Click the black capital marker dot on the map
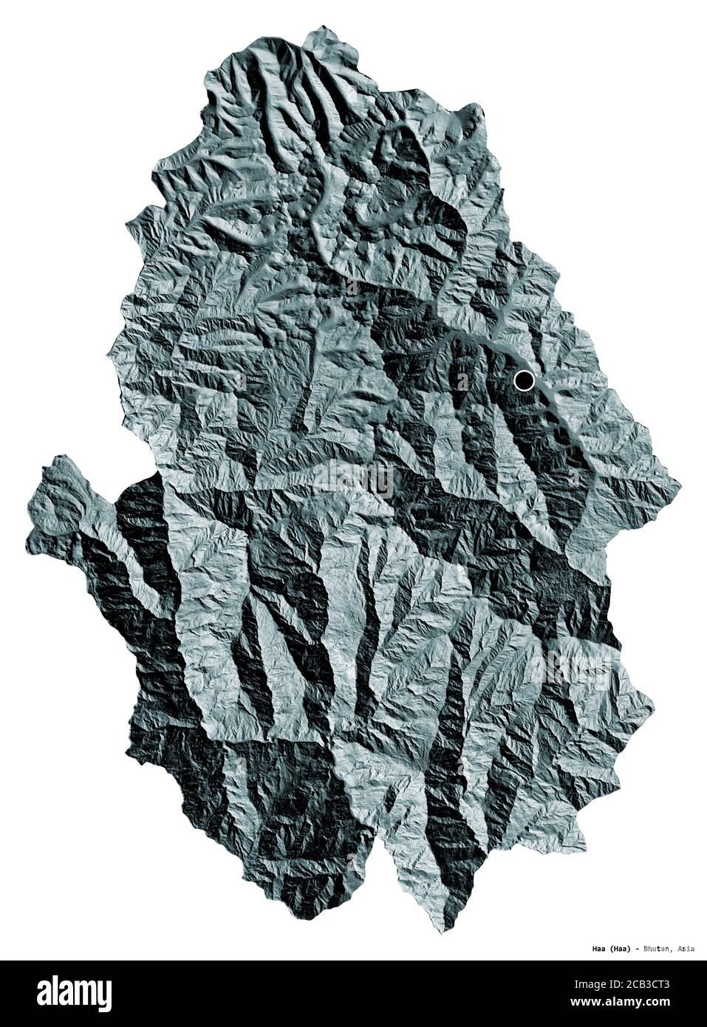pos(524,381)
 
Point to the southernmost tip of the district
pos(443,932)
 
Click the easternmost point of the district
pos(680,484)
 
